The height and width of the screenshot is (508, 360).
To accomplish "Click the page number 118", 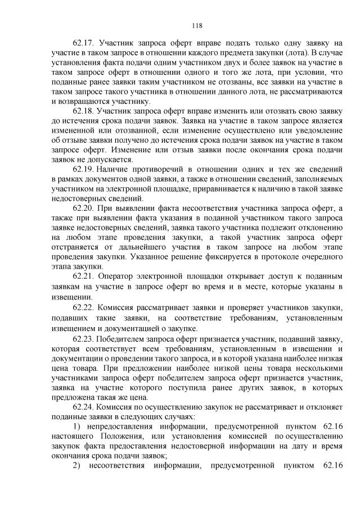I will [x=196, y=25].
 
